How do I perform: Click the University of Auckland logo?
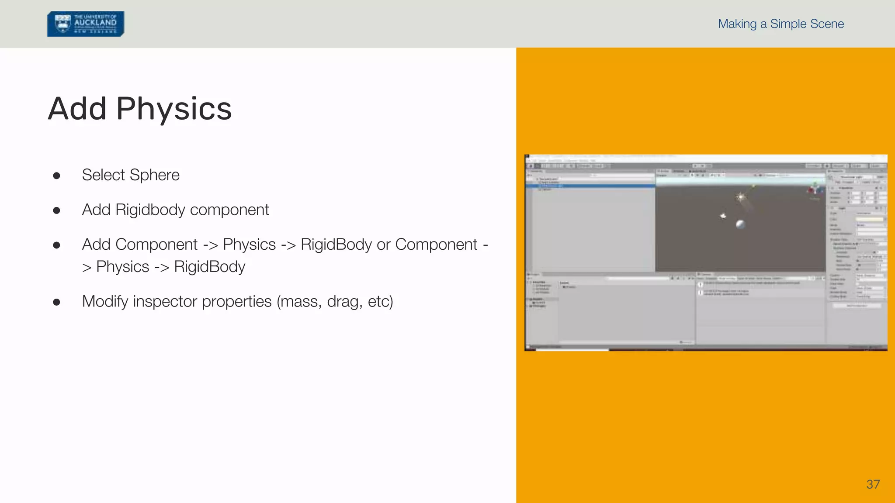(86, 24)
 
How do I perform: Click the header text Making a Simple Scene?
(781, 24)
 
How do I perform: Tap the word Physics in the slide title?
(174, 109)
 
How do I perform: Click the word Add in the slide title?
(77, 109)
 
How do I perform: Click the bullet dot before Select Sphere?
(56, 176)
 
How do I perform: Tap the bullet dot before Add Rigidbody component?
(56, 211)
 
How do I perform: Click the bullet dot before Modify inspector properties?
(56, 302)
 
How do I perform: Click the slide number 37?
(873, 484)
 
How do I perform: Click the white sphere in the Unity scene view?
(740, 224)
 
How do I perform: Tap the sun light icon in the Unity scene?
(740, 197)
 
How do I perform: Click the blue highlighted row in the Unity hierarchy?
(590, 186)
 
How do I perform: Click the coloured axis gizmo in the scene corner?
(814, 189)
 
